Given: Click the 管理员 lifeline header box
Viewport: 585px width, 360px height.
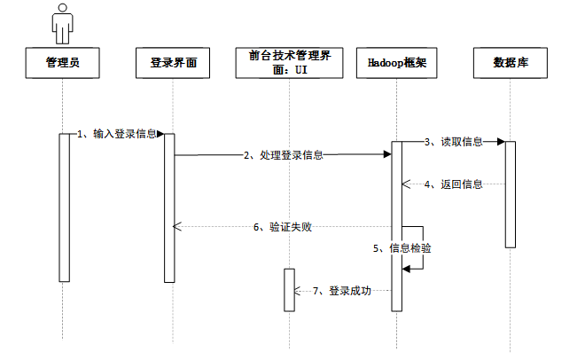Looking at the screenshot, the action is [x=62, y=63].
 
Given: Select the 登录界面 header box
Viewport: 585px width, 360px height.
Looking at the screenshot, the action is [x=173, y=63].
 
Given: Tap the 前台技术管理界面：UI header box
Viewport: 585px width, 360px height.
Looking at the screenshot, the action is [x=289, y=63].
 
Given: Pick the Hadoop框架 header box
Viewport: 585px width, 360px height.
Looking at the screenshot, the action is [x=396, y=63].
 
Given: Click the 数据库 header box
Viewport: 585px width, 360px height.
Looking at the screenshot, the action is [x=511, y=63].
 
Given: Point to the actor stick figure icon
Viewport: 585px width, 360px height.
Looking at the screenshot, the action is [x=62, y=24].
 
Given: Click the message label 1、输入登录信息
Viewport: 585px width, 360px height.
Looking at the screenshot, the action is [x=116, y=134].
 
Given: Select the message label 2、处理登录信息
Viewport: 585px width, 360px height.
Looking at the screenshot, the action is [x=284, y=155].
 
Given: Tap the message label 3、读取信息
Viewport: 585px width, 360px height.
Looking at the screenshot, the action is [x=454, y=142].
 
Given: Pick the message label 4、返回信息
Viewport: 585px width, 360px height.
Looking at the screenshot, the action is [x=454, y=184].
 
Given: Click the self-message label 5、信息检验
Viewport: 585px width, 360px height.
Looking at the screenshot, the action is [x=402, y=248].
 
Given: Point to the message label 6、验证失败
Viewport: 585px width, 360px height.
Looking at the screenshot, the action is [x=283, y=227].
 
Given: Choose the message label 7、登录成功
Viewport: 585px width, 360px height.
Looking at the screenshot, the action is [x=342, y=291].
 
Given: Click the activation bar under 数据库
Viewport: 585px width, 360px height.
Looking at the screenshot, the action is [x=511, y=194].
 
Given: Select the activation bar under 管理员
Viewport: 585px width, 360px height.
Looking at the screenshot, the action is [x=64, y=207].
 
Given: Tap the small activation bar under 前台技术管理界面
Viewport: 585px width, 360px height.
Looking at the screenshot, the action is [x=289, y=290].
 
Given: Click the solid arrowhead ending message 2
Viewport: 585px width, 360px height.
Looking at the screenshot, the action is [x=387, y=154].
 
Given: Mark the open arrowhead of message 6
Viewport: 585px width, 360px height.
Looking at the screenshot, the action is [x=177, y=226].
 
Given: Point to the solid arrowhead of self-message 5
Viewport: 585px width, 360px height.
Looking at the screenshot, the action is [x=406, y=269].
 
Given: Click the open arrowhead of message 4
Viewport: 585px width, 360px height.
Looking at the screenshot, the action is [x=406, y=184].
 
